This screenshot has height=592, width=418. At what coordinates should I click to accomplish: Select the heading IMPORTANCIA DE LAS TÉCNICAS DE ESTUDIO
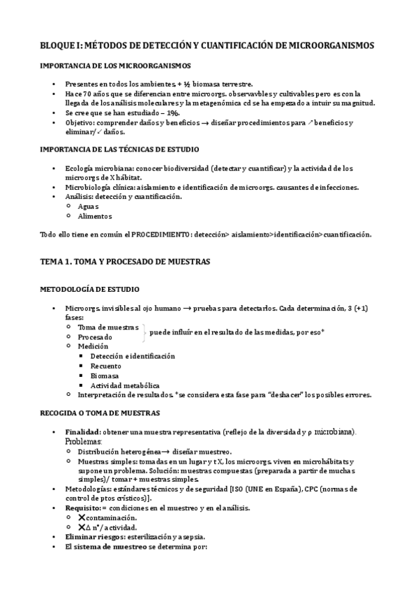[x=119, y=149]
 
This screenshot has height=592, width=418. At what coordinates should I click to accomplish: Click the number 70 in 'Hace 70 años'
[x=86, y=94]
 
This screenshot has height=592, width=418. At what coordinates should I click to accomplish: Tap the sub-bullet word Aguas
[x=89, y=207]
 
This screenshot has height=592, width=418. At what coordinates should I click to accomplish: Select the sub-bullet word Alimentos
[x=95, y=216]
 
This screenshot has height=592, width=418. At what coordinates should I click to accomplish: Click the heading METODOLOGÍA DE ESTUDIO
[x=89, y=289]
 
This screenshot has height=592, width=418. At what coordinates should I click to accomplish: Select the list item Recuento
[x=105, y=366]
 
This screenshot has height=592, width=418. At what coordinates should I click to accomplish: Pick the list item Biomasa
[x=105, y=376]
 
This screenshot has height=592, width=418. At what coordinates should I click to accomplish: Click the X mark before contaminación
[x=82, y=518]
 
